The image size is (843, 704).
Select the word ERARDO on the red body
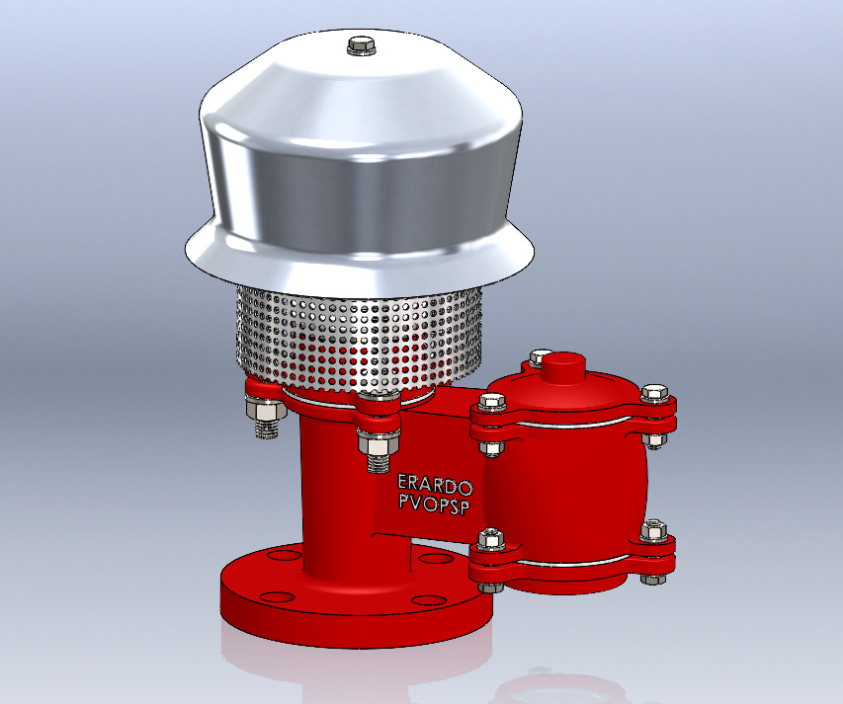coord(435,484)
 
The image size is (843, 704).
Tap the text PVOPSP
coord(435,504)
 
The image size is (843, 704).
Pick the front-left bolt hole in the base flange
coord(276,595)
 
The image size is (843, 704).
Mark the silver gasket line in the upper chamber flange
coord(573,423)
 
